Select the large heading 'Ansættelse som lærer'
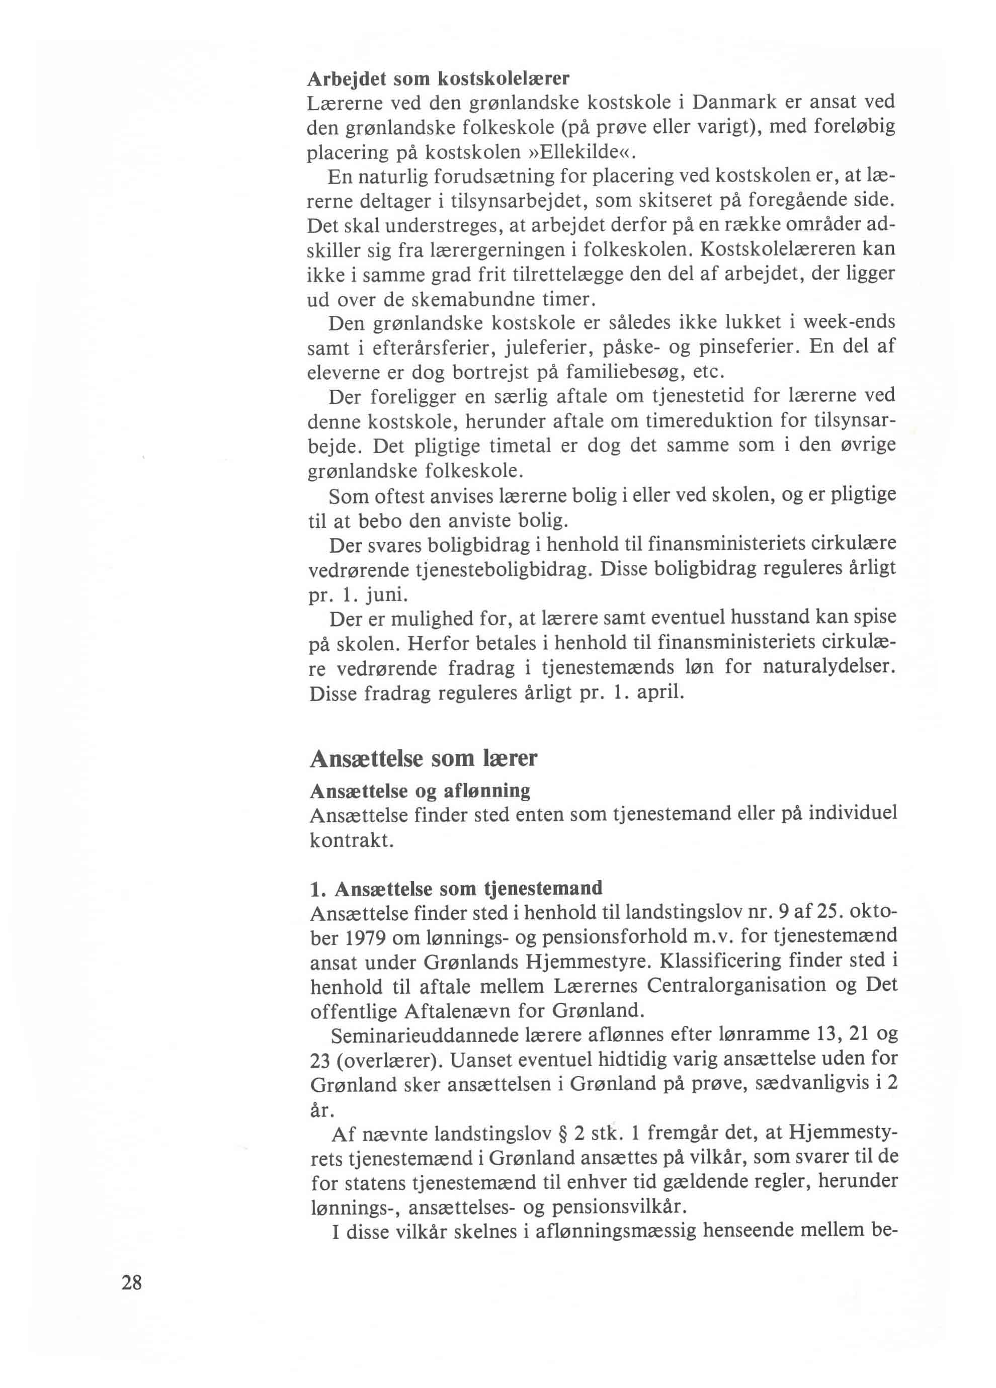click(424, 759)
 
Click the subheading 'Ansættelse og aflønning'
click(420, 791)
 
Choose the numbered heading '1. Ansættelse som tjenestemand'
click(456, 888)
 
